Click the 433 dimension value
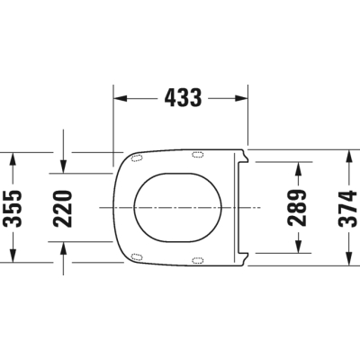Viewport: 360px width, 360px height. point(183,98)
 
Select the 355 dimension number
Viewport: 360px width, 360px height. point(13,208)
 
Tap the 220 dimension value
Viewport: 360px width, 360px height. point(62,209)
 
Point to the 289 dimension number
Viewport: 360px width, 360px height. point(297,208)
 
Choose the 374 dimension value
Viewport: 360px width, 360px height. point(348,208)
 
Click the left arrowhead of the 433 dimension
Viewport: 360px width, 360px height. point(121,98)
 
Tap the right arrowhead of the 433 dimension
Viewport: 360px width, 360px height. point(241,98)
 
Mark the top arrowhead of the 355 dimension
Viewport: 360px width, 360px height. point(13,159)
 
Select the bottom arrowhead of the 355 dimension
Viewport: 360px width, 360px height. point(13,256)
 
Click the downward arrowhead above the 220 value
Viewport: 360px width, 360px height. point(63,166)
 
